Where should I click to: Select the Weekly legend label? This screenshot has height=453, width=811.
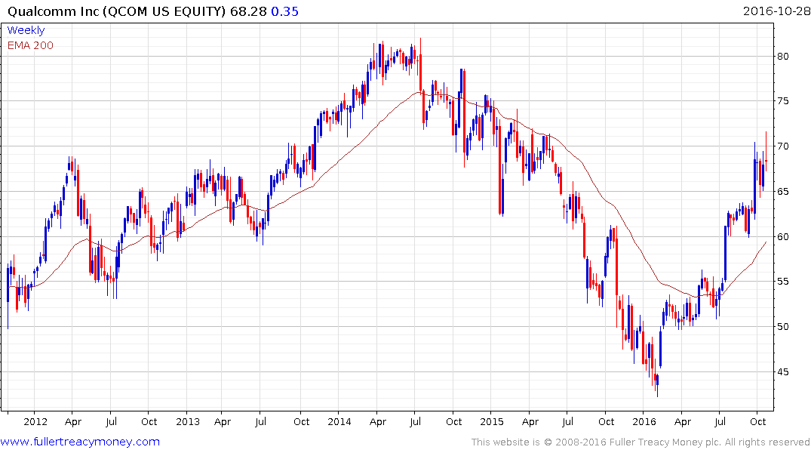click(x=26, y=30)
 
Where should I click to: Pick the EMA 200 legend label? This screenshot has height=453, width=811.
click(x=30, y=45)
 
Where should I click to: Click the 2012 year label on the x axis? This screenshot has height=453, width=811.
click(x=35, y=421)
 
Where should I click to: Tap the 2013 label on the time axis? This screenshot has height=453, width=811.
click(x=187, y=421)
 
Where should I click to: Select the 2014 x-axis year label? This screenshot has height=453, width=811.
click(x=339, y=421)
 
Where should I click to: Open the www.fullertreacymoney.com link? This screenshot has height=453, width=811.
click(x=80, y=442)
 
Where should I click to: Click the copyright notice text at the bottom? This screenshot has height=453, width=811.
click(x=641, y=442)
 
